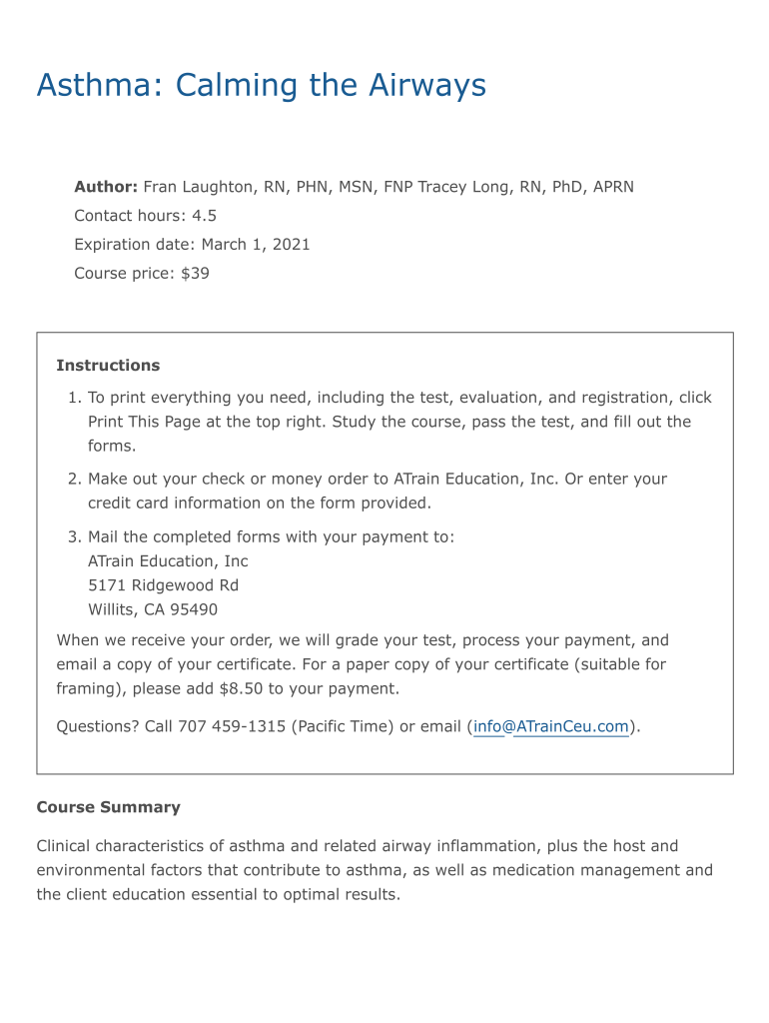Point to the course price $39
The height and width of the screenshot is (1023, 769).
click(195, 273)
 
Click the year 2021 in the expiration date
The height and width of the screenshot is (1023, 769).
click(290, 245)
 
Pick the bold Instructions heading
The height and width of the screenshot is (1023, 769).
click(108, 366)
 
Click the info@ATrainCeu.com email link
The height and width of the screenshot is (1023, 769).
click(551, 727)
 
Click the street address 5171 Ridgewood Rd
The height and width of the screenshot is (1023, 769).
click(163, 585)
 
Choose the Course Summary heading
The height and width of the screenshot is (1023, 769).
click(108, 807)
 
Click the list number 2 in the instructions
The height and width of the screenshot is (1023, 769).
click(73, 480)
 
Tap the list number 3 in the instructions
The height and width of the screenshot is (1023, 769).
click(73, 537)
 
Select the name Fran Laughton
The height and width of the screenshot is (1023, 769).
click(199, 187)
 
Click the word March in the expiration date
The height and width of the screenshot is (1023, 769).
click(224, 245)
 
